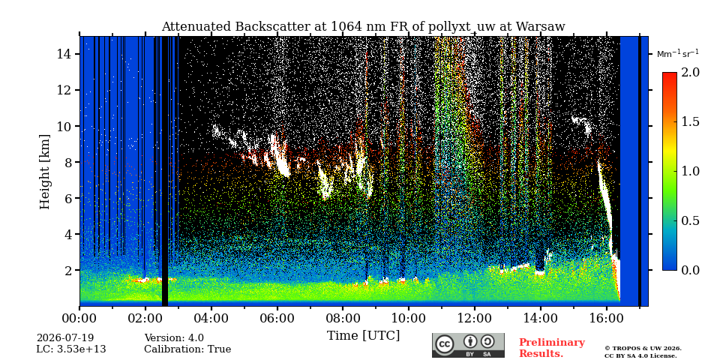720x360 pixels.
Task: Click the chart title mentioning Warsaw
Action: pos(363,27)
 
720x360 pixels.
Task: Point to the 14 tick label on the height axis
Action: pos(63,54)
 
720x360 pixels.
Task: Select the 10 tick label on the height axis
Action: pos(63,126)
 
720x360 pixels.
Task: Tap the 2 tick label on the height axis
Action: pos(67,270)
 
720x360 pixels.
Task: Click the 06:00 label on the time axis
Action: pos(277,318)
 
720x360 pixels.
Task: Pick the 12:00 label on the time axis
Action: pos(474,318)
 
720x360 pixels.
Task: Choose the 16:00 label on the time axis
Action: pos(606,318)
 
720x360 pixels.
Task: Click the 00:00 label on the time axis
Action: pos(80,318)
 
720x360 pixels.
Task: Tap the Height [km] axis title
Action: pos(44,172)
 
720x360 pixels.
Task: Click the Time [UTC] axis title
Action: pos(363,336)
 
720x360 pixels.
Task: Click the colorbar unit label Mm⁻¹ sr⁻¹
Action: pos(678,54)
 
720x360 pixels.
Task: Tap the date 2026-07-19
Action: pos(65,338)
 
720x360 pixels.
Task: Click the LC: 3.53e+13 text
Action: pos(71,349)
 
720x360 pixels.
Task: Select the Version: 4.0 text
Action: pos(174,338)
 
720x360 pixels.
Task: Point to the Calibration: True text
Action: pos(187,349)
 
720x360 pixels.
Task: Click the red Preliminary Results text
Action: pos(551,348)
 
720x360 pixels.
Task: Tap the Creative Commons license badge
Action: pos(468,345)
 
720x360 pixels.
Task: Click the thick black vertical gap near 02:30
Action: pos(165,171)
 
